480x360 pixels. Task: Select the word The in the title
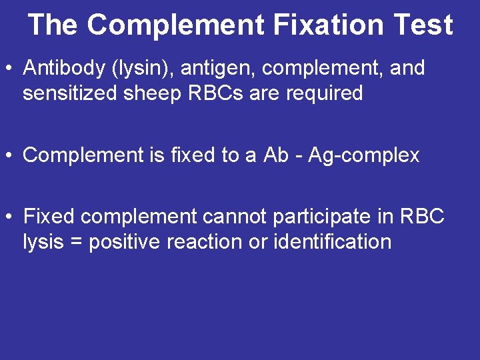point(53,25)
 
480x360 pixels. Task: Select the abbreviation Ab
point(276,155)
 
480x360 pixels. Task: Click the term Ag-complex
point(363,156)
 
